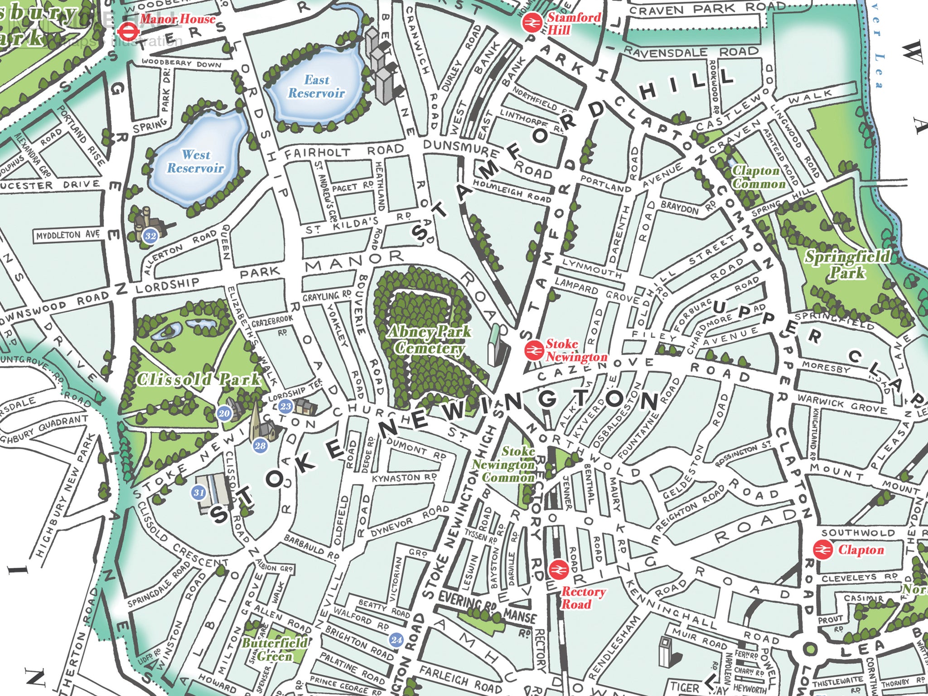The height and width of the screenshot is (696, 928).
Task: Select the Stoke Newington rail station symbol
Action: click(534, 350)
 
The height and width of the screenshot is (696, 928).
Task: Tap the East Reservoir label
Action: click(317, 87)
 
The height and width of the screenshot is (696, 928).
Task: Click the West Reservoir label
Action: click(196, 161)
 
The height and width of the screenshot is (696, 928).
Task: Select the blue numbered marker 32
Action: click(150, 236)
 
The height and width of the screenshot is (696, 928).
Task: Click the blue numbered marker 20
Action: click(224, 413)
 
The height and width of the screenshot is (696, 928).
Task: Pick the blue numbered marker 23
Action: click(285, 406)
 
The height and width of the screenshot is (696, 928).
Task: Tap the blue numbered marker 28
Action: click(260, 445)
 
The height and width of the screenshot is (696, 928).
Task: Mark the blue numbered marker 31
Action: click(199, 493)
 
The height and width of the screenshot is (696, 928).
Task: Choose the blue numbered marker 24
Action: click(396, 640)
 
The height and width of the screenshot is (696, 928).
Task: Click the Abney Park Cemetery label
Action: click(428, 340)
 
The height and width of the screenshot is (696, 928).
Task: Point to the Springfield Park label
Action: click(847, 265)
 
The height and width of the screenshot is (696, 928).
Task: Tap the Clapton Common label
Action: click(759, 177)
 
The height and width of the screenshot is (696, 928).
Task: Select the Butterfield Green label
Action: click(275, 649)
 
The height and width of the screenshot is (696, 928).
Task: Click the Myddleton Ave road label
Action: click(68, 235)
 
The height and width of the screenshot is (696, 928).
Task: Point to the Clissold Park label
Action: click(199, 379)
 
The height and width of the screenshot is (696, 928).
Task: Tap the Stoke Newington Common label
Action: click(504, 464)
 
